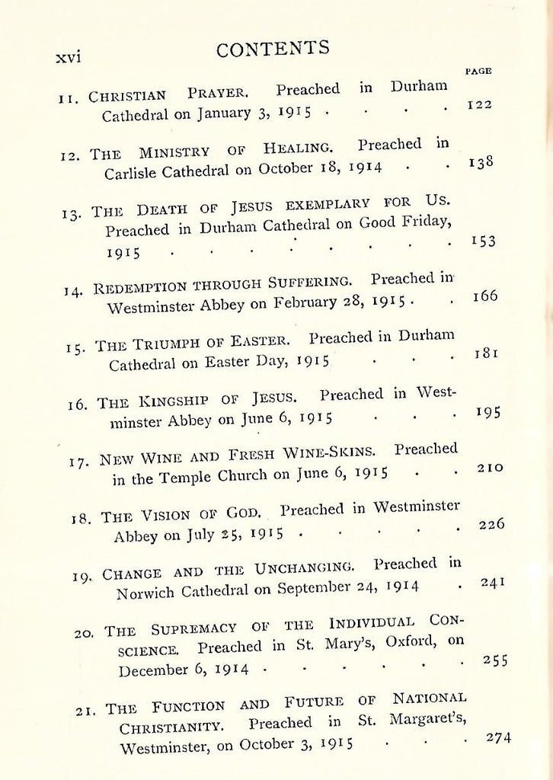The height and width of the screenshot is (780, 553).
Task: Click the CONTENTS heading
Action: pos(273,49)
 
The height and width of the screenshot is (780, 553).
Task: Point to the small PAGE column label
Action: pos(478,71)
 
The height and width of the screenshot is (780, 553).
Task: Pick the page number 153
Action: pos(483,241)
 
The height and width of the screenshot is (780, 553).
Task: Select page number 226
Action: pos(491,525)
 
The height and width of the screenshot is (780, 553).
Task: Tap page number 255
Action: pos(496,660)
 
